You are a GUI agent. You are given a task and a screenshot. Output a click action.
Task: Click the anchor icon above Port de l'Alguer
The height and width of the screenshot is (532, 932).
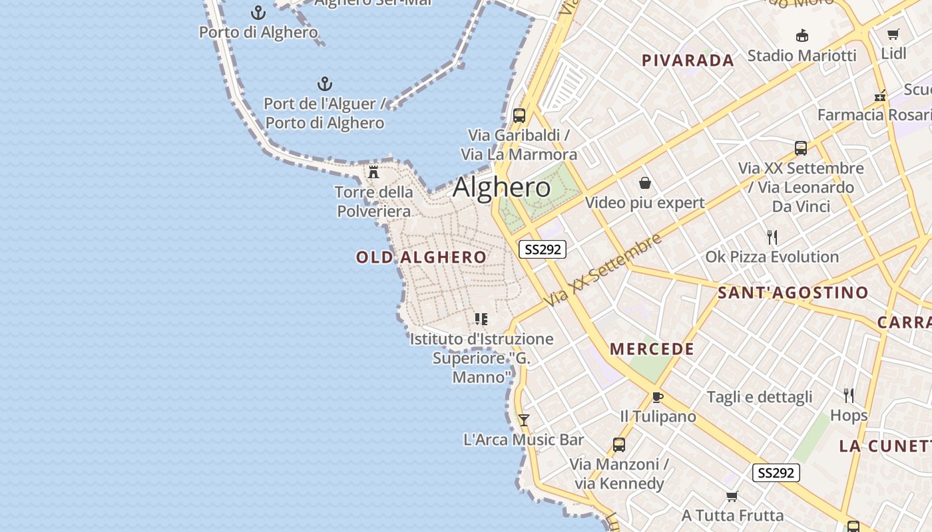(x=324, y=84)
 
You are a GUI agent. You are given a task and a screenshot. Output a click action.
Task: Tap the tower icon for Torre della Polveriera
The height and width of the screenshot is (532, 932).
(x=373, y=172)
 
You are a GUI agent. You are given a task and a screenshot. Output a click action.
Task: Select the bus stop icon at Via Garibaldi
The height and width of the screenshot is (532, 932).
(x=519, y=115)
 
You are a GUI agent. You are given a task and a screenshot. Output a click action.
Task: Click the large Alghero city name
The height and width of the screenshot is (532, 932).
(x=502, y=188)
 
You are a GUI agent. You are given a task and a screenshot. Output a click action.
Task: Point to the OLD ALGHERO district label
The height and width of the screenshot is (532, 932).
(x=421, y=257)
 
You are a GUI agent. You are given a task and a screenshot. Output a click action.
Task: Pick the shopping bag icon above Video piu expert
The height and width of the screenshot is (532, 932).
(x=644, y=183)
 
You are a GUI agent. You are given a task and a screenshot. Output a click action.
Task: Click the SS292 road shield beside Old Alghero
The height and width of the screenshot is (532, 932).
(x=543, y=249)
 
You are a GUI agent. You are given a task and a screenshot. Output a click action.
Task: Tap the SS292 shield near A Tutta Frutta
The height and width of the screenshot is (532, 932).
(x=776, y=473)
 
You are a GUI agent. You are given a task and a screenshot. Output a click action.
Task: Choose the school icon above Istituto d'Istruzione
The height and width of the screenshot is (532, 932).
(x=481, y=319)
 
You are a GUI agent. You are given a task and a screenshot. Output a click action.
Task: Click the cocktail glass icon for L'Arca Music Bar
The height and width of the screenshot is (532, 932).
(x=524, y=420)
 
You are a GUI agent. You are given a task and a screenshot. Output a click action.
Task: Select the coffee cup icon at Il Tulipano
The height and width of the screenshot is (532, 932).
(x=658, y=397)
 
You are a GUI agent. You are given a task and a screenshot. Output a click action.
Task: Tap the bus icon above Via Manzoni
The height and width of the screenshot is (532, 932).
(x=619, y=444)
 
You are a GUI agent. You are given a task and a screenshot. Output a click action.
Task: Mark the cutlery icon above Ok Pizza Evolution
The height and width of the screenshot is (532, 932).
(x=772, y=237)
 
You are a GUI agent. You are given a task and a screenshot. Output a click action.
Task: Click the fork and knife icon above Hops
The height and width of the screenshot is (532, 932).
(x=849, y=396)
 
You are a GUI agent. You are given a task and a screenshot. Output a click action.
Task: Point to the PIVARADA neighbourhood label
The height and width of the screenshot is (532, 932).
(x=688, y=61)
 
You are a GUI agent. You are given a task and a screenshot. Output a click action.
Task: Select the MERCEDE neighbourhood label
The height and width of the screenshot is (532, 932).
(x=652, y=349)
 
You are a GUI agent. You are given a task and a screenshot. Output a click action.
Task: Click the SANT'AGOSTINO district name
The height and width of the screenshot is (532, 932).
(x=793, y=293)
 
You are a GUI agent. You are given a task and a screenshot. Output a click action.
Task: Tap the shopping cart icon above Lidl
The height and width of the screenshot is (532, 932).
(x=893, y=34)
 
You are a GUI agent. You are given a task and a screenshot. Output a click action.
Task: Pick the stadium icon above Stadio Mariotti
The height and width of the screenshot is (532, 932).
(x=802, y=36)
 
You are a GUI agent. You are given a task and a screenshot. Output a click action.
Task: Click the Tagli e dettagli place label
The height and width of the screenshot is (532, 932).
(x=760, y=397)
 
